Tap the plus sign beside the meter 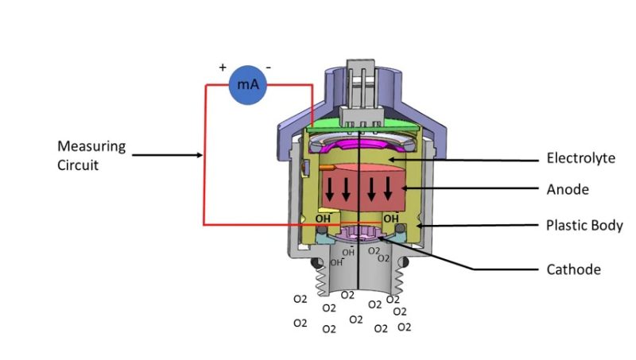click(x=223, y=67)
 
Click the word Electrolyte click(x=580, y=158)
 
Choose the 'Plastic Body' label click(x=584, y=225)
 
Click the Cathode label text click(x=573, y=269)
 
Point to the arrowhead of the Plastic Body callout click(x=413, y=226)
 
